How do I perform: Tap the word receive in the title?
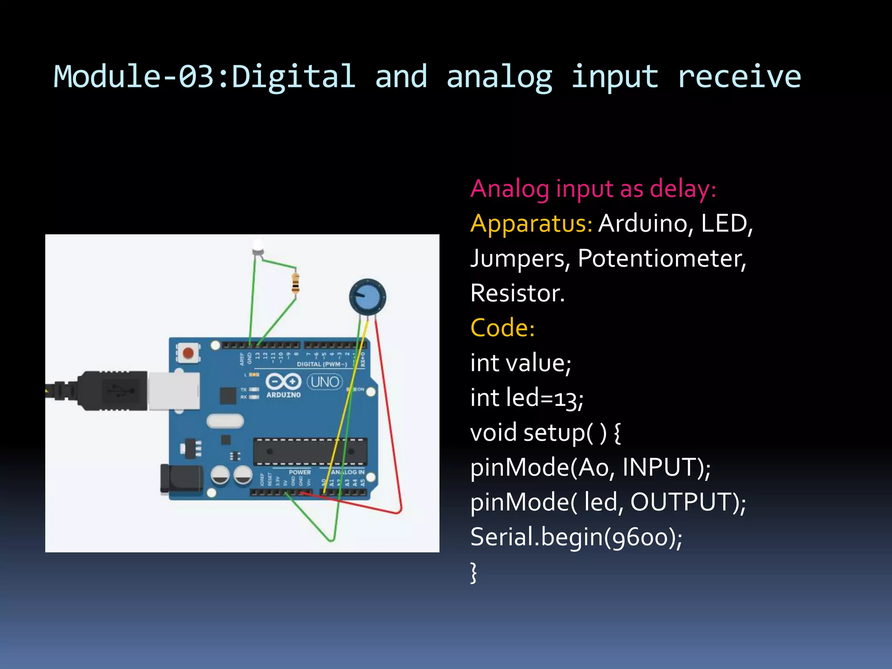pyautogui.click(x=739, y=77)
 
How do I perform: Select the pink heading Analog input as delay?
pyautogui.click(x=593, y=189)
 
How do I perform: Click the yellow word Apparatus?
pyautogui.click(x=531, y=224)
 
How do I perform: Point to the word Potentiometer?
pyautogui.click(x=662, y=259)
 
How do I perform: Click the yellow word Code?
pyautogui.click(x=502, y=328)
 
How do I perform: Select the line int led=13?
pyautogui.click(x=527, y=398)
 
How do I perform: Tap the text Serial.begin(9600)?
pyautogui.click(x=576, y=537)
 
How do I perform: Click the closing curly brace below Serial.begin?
pyautogui.click(x=474, y=572)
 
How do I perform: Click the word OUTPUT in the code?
pyautogui.click(x=682, y=502)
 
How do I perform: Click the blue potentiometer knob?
pyautogui.click(x=368, y=297)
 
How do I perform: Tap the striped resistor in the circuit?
pyautogui.click(x=296, y=284)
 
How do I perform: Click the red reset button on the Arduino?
pyautogui.click(x=188, y=353)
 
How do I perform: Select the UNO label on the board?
pyautogui.click(x=325, y=382)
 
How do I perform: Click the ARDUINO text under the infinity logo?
pyautogui.click(x=284, y=395)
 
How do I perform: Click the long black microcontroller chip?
pyautogui.click(x=310, y=452)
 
